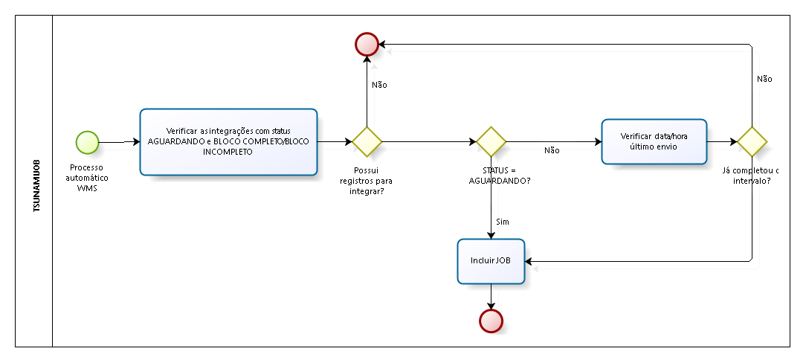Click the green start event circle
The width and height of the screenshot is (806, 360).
[x=87, y=141]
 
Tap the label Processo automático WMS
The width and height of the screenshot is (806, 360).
[x=87, y=178]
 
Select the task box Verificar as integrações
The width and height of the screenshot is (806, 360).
[x=229, y=141]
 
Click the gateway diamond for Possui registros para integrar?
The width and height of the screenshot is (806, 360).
[x=367, y=141]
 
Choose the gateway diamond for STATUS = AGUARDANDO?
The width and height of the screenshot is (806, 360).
[x=491, y=141]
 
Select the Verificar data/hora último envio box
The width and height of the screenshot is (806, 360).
[x=654, y=141]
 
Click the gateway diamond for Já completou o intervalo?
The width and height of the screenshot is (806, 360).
[x=752, y=141]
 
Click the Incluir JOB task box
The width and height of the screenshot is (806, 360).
[x=491, y=261]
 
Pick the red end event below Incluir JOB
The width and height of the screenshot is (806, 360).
[x=491, y=320]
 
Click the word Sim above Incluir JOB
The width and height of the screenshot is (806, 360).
[x=502, y=222]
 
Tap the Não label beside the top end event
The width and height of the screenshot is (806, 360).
[x=379, y=85]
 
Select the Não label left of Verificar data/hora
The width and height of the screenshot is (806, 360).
[x=552, y=150]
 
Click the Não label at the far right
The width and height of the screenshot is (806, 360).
[x=764, y=78]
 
